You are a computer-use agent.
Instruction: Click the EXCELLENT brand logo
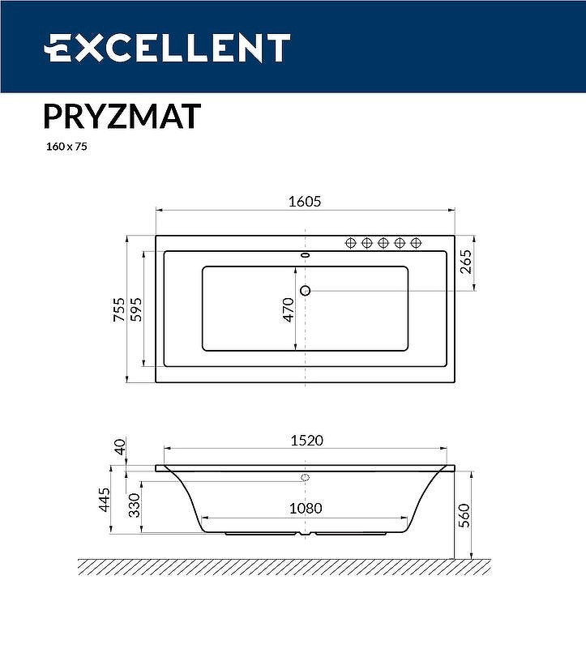(x=166, y=48)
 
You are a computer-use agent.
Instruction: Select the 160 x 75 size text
(x=66, y=148)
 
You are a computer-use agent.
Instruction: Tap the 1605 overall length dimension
(x=306, y=202)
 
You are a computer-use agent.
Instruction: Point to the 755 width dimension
(x=118, y=309)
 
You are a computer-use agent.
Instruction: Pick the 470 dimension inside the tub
(x=288, y=309)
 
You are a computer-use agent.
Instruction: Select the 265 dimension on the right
(x=465, y=263)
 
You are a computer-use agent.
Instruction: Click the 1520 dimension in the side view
(x=306, y=440)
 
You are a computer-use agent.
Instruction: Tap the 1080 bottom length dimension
(x=306, y=508)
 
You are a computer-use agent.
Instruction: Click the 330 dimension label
(x=135, y=506)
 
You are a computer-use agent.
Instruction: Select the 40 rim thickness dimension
(x=120, y=446)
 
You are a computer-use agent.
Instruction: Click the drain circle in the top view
(x=306, y=290)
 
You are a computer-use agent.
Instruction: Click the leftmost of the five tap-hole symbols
(x=351, y=242)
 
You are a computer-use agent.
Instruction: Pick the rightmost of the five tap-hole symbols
(x=416, y=242)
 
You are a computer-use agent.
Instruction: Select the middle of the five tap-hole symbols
(x=383, y=242)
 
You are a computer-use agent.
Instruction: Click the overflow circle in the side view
(x=306, y=477)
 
